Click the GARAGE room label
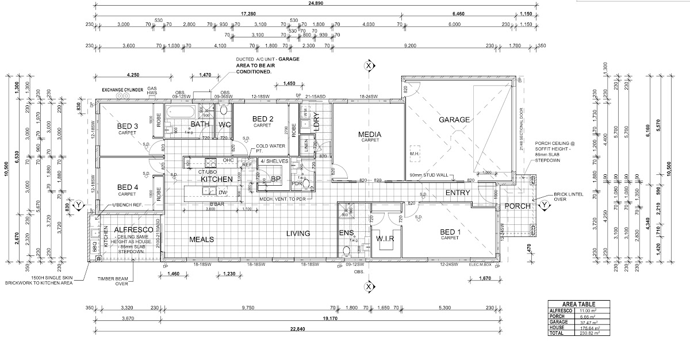455,120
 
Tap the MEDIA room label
370,135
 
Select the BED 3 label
128,127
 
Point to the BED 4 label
128,187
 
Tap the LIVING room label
298,233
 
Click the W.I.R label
385,238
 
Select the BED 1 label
451,232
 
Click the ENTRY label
458,193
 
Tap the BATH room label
200,124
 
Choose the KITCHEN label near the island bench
216,179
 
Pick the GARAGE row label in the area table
559,322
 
